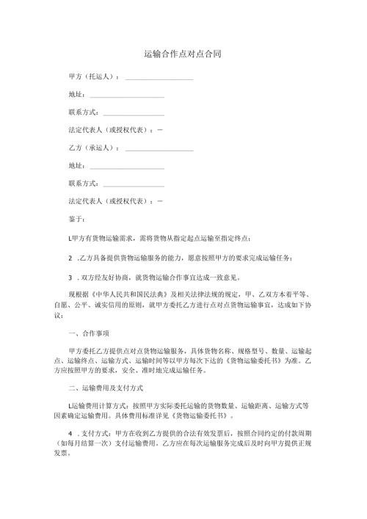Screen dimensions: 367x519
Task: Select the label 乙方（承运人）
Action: [92, 148]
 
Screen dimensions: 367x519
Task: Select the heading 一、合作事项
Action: [87, 333]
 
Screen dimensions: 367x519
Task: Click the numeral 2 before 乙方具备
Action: [69, 257]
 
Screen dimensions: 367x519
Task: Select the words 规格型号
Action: [261, 352]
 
